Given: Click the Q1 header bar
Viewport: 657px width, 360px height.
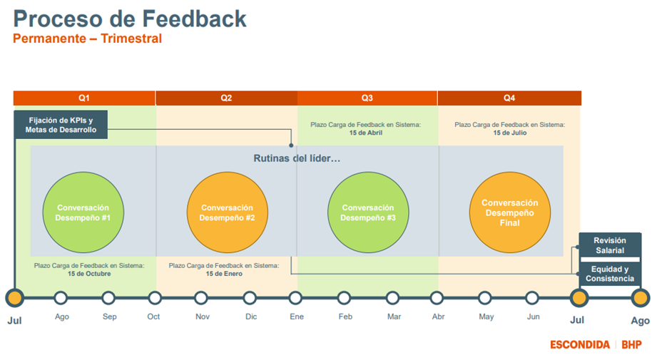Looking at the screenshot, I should tap(84, 98).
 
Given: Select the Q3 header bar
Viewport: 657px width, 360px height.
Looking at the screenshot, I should tap(367, 98).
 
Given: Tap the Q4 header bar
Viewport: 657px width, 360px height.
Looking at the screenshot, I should tap(509, 98).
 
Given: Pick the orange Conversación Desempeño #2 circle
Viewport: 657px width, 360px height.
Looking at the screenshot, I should tap(228, 212).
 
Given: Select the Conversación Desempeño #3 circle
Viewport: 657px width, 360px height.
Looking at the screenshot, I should tap(368, 212).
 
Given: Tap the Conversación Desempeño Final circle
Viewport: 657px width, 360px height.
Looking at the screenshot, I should tap(510, 212).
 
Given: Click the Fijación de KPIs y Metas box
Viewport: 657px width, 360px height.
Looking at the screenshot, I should tap(61, 125).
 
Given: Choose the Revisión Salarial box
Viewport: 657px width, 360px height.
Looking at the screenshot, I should tap(609, 245).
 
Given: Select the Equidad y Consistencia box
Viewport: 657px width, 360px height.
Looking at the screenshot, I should tap(609, 274).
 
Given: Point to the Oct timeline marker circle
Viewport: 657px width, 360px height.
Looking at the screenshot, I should tap(155, 298).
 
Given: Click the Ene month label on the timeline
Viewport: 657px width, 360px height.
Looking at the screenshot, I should tap(297, 317).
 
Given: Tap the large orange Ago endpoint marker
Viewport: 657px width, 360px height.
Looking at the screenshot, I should tap(641, 298).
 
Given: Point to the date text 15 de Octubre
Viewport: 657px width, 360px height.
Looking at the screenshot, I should tap(89, 274).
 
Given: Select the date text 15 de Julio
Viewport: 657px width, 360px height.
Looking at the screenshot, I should tap(509, 133).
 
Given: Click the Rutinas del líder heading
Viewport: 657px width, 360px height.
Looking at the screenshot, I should tap(297, 158).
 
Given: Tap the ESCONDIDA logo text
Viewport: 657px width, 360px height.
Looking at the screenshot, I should tap(579, 345).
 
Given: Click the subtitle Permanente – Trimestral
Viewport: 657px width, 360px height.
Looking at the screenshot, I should tap(87, 38).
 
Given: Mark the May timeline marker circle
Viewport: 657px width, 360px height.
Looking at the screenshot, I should tap(485, 298).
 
